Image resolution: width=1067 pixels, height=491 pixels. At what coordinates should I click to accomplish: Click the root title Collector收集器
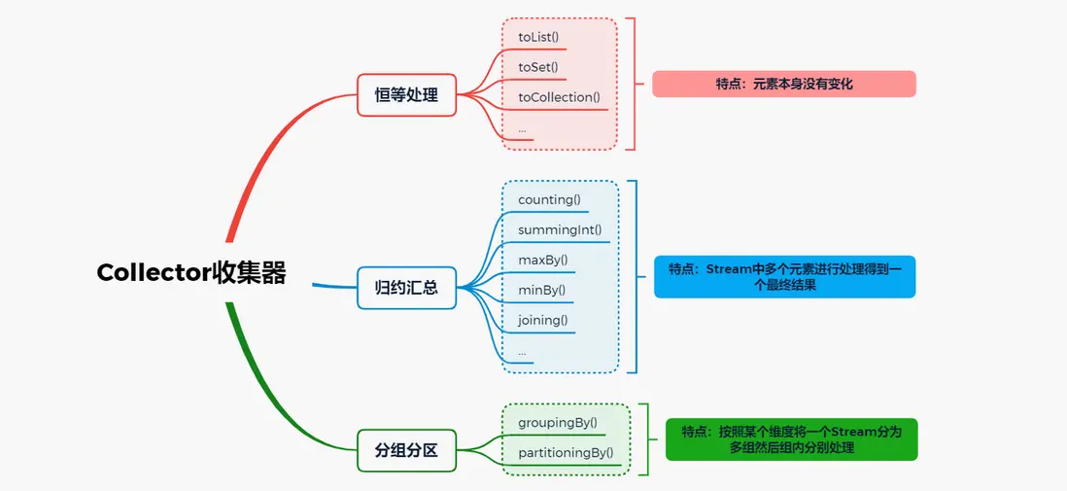[x=191, y=273]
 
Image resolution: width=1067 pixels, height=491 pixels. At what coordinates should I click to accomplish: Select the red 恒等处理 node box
[x=406, y=95]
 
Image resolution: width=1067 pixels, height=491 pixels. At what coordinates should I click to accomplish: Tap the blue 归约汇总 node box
[x=406, y=288]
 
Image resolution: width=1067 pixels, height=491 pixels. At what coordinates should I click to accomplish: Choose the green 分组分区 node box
[x=406, y=450]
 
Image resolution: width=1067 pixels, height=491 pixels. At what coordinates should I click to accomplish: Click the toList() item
[x=538, y=37]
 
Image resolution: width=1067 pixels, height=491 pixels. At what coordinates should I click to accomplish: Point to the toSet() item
[x=537, y=67]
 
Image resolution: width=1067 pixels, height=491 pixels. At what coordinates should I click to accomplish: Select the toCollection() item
[x=559, y=97]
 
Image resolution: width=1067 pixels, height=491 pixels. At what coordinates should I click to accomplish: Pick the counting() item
[x=549, y=200]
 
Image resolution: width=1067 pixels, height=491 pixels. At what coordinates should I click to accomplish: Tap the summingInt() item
[x=560, y=230]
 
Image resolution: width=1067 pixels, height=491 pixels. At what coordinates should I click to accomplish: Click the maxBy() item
[x=542, y=261]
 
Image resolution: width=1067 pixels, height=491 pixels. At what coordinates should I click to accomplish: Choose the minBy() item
[x=541, y=290]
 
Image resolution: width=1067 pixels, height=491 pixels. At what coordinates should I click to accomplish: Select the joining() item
[x=542, y=320]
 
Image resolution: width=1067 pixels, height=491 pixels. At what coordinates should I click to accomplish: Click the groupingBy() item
[x=558, y=422]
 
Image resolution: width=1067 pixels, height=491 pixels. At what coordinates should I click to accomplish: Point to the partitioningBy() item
[x=566, y=452]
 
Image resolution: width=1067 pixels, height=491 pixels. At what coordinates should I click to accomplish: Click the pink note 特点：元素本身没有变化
[x=783, y=85]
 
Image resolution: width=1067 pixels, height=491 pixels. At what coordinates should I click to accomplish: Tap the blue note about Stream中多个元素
[x=784, y=277]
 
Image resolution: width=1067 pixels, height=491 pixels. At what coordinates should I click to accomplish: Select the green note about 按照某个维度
[x=791, y=439]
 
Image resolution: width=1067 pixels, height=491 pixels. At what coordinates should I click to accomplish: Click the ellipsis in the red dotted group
[x=522, y=128]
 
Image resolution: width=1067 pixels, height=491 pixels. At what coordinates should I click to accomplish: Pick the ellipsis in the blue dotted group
[x=522, y=350]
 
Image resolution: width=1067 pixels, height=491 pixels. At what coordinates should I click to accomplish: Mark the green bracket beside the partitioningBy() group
[x=645, y=439]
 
